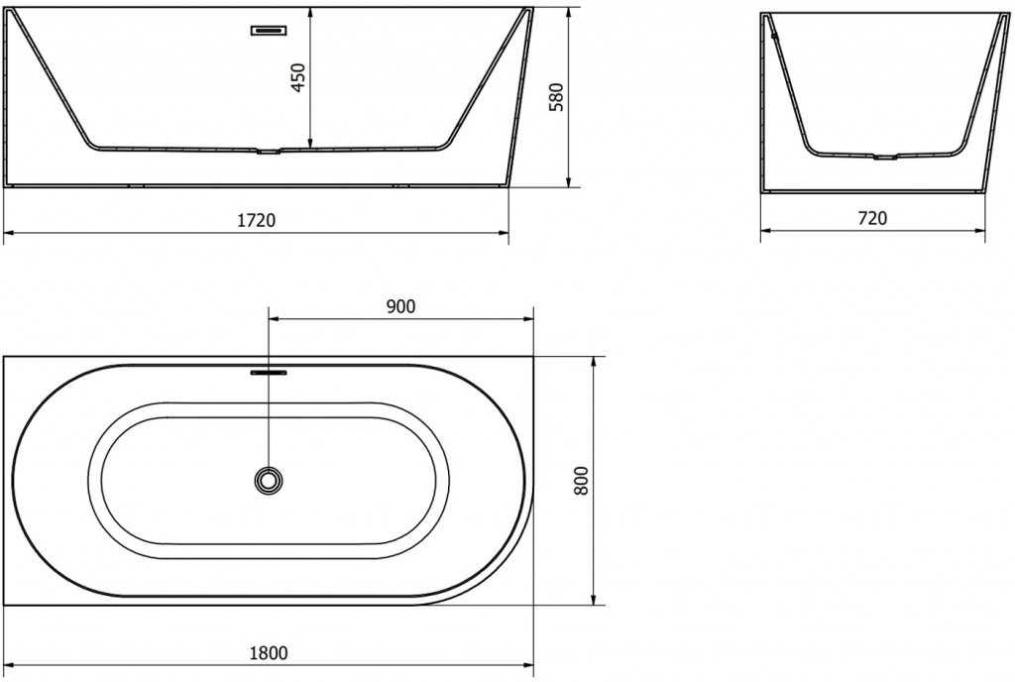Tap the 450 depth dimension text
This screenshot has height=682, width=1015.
click(x=298, y=76)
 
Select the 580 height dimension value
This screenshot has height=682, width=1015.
click(x=556, y=97)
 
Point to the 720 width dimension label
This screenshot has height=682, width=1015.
click(x=871, y=218)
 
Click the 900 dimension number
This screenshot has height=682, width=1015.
click(x=400, y=306)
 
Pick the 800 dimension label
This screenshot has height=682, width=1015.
click(x=581, y=481)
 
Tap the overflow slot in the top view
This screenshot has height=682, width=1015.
click(x=269, y=374)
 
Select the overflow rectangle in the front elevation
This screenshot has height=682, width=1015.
click(x=269, y=30)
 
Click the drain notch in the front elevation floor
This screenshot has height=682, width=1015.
click(x=269, y=152)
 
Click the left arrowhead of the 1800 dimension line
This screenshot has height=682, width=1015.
click(x=9, y=665)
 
